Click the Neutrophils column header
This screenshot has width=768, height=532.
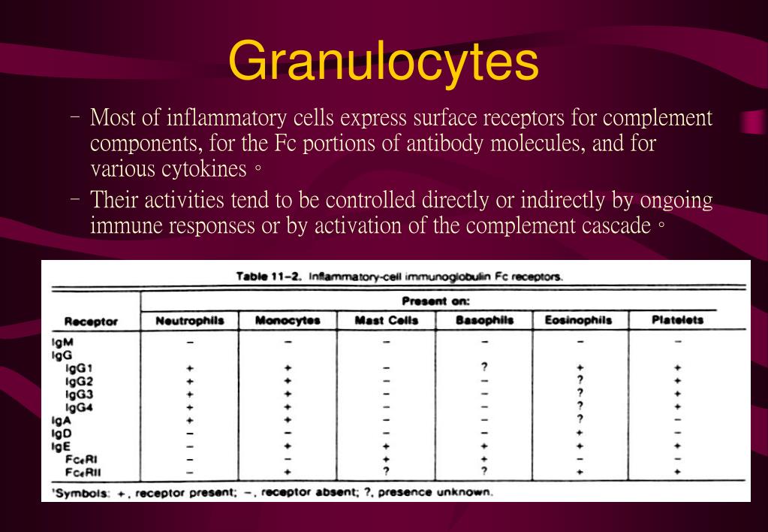[190, 320]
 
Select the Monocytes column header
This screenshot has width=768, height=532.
[288, 320]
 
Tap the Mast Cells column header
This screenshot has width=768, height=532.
[386, 320]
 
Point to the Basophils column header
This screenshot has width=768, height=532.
[484, 320]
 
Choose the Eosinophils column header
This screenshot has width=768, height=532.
[578, 320]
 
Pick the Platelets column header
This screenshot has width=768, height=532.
[677, 320]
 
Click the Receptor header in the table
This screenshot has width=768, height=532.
[91, 322]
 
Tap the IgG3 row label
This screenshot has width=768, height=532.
[79, 394]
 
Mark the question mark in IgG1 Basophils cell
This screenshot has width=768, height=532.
[484, 367]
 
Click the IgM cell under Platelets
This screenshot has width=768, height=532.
[677, 342]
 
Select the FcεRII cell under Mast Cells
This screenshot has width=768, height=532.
[386, 472]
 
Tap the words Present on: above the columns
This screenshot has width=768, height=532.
[446, 301]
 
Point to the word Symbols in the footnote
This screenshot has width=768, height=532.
[80, 493]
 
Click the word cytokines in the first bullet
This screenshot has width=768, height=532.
[203, 168]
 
